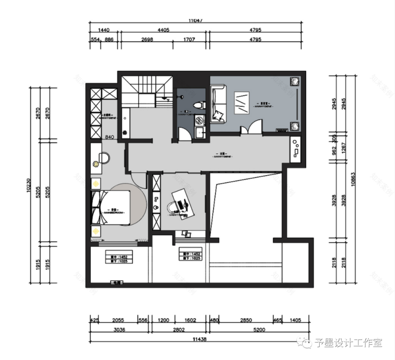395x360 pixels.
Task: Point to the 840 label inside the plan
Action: point(110,137)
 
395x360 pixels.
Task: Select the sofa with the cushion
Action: point(218,104)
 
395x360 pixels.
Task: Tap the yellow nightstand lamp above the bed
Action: point(96,183)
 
